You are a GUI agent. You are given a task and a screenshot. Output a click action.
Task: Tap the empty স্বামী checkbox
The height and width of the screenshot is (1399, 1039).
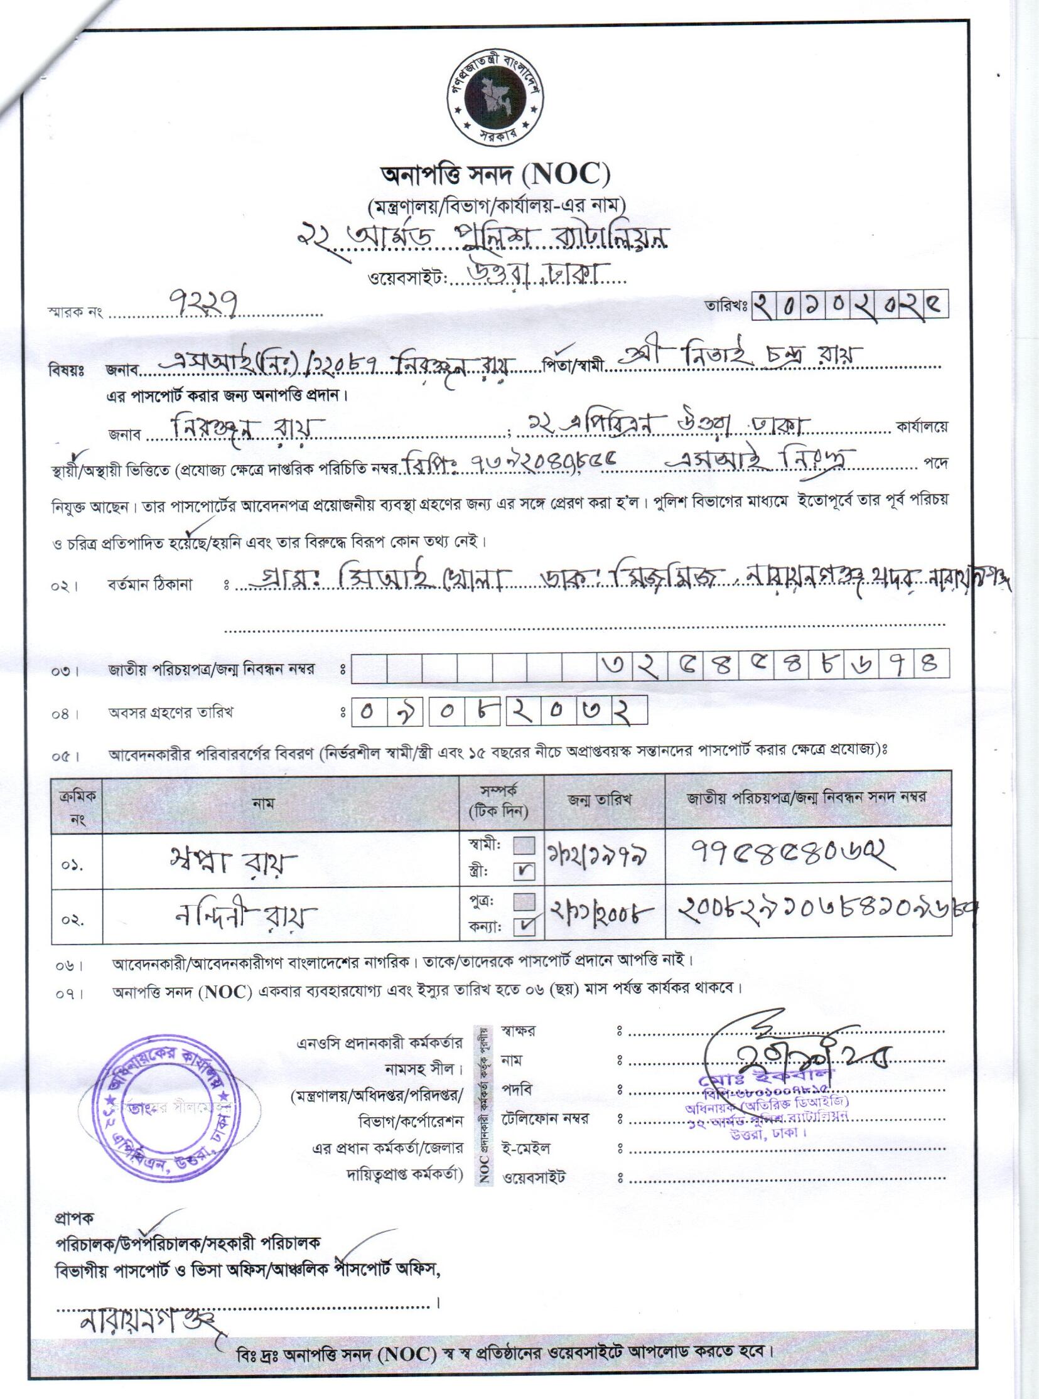point(525,845)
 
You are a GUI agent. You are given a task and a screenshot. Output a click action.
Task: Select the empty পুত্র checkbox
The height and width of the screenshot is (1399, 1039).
point(525,901)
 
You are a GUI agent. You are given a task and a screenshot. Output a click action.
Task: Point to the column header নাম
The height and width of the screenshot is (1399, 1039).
point(263,803)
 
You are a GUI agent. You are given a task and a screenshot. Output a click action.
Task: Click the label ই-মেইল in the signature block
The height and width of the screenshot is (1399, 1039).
point(526,1148)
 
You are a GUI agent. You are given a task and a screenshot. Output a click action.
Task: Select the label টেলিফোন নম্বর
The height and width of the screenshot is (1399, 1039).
point(545,1118)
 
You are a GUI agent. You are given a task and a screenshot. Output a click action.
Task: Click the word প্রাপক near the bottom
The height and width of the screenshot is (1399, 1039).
point(75,1218)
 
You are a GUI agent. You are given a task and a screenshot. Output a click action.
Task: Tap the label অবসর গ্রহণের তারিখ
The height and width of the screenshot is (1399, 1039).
point(170,713)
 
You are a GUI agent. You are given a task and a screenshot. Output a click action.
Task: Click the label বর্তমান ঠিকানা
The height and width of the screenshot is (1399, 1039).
point(149,585)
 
